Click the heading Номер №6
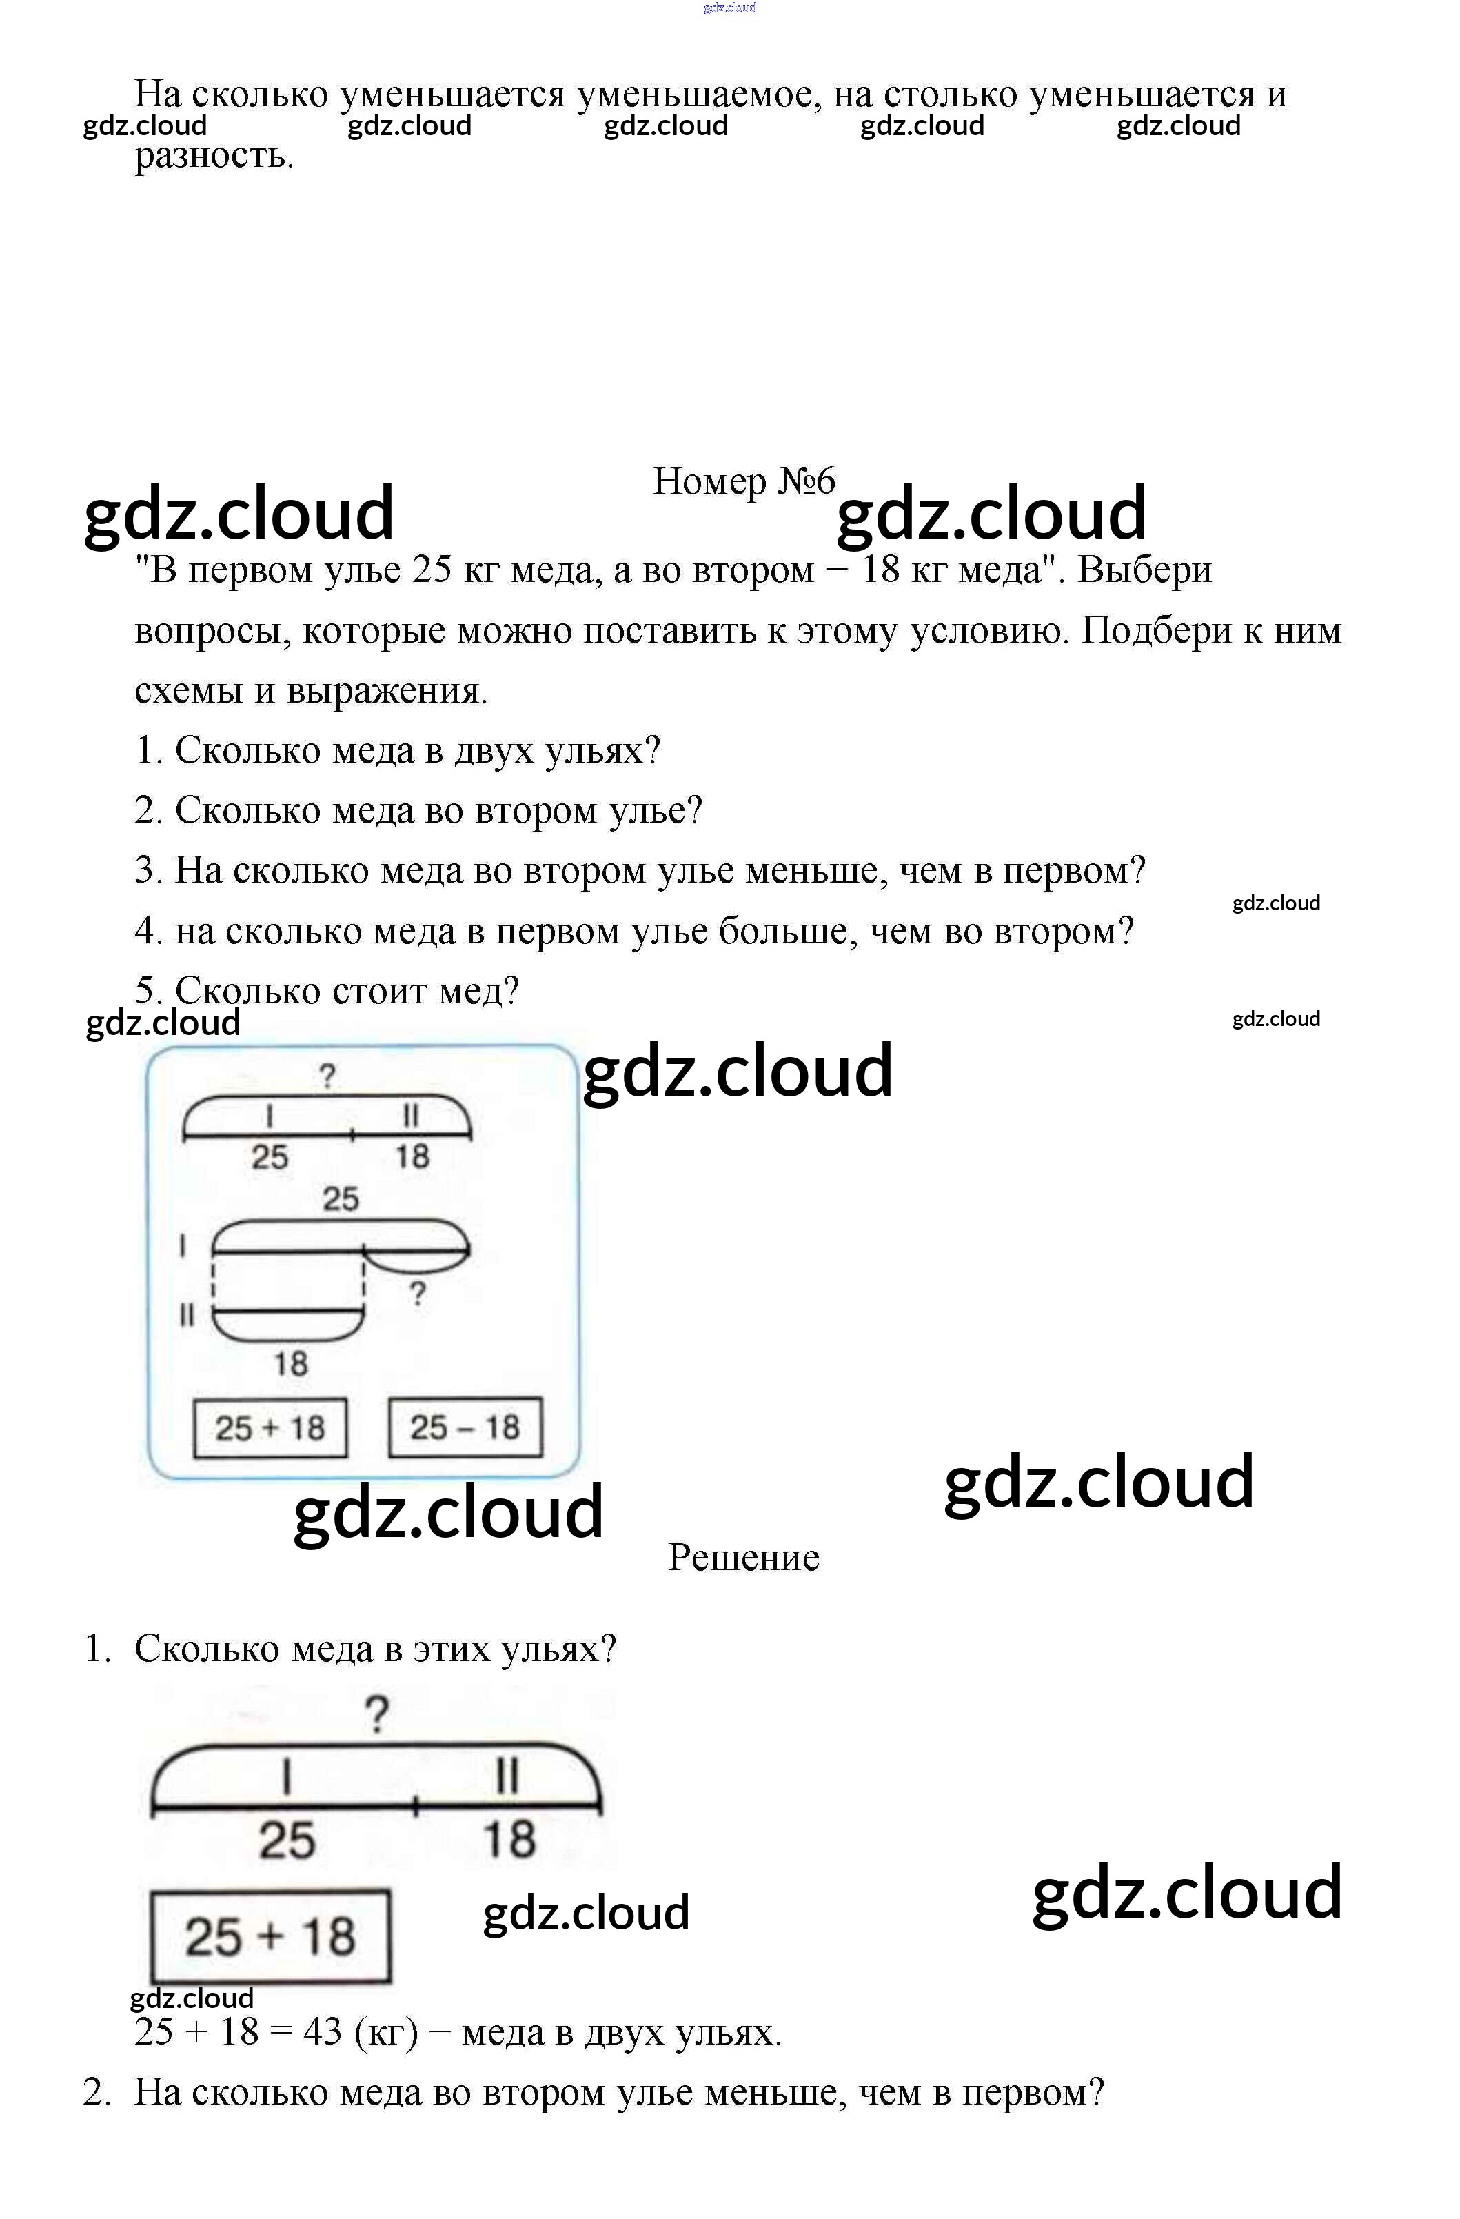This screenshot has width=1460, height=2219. [743, 481]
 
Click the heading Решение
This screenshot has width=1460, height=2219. [743, 1558]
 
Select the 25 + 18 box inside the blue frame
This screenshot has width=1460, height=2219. [270, 1427]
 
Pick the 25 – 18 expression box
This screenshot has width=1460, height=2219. [465, 1427]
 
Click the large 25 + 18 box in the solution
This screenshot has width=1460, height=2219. [270, 1936]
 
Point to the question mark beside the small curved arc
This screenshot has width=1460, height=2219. [418, 1293]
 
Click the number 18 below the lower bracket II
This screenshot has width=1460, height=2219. [290, 1364]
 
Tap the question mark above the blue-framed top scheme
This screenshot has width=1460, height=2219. [326, 1077]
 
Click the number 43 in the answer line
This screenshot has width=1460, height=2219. [323, 2031]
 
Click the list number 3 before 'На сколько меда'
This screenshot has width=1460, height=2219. [148, 870]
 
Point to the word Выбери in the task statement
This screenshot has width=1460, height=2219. [1144, 570]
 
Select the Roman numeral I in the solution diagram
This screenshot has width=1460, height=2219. [287, 1775]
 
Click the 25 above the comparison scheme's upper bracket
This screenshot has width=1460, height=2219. [341, 1199]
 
